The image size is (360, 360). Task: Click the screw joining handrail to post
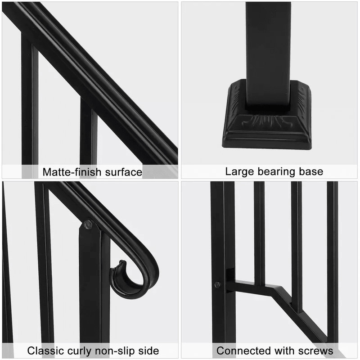coord(89,224)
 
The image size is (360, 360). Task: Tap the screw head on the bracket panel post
coord(218,284)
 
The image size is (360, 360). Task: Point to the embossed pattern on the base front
coord(269,121)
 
